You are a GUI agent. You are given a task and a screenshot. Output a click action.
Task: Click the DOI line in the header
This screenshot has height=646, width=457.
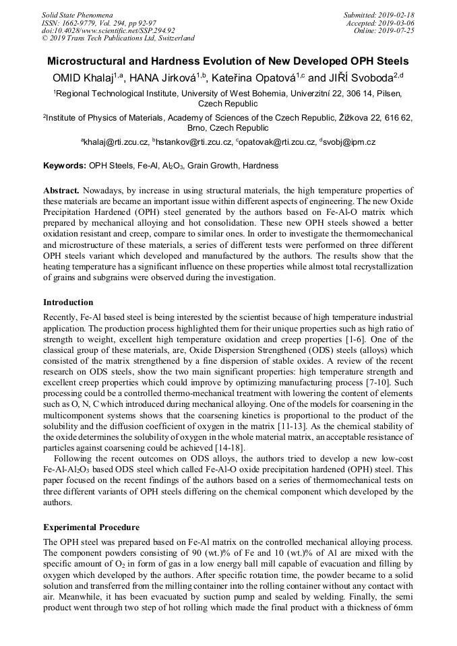(x=108, y=30)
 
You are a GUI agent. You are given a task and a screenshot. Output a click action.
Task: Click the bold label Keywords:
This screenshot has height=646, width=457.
(x=65, y=165)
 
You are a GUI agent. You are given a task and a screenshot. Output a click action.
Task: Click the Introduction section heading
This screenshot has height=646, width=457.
(x=68, y=302)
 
